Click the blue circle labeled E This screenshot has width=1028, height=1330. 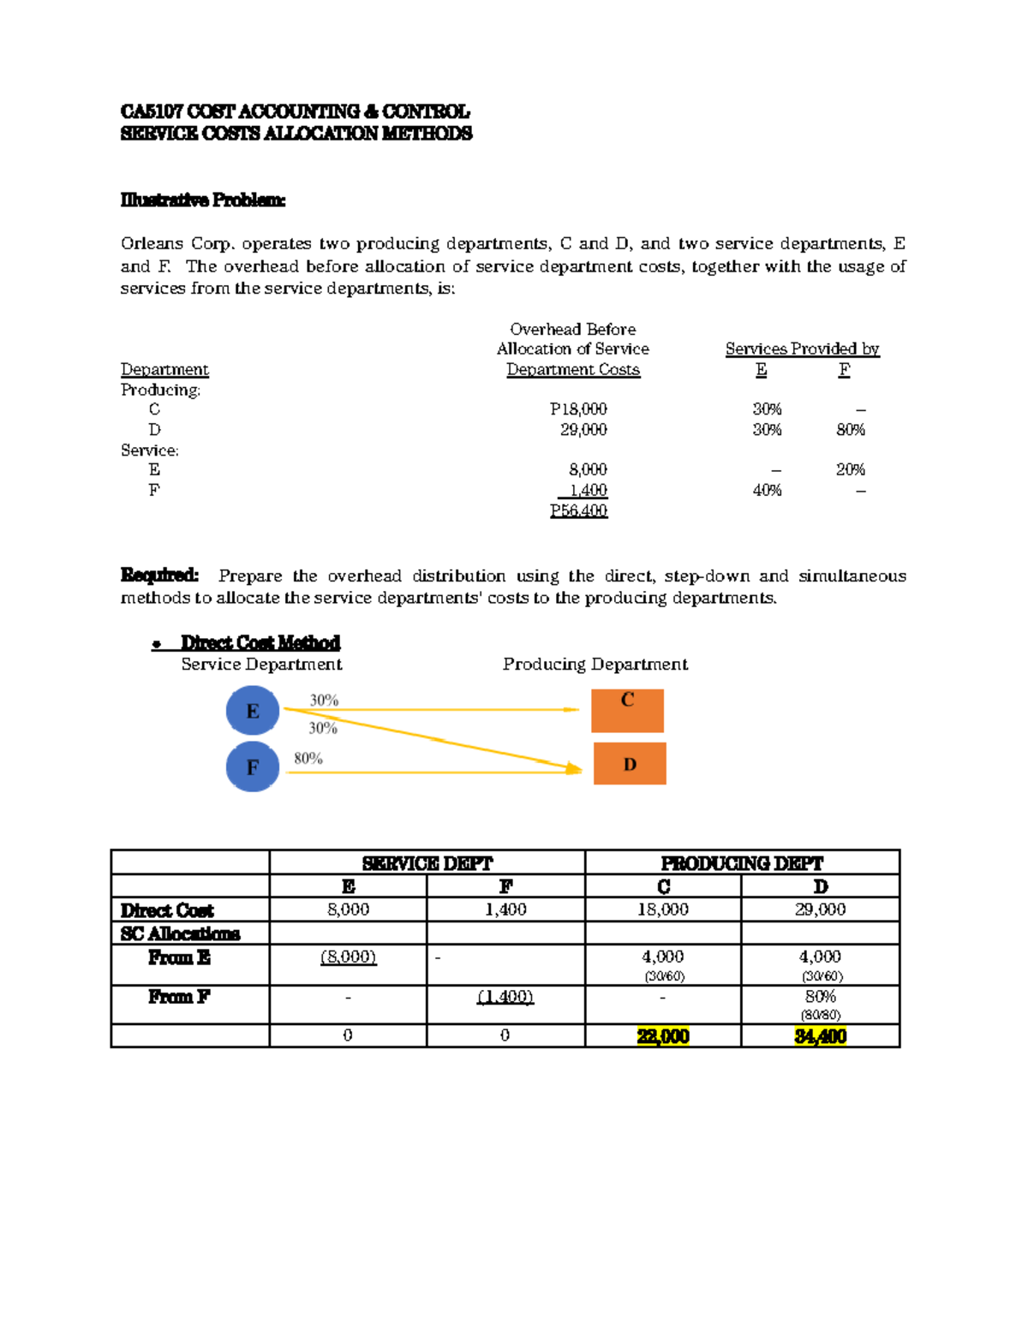253,711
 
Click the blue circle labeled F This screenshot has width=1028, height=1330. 253,766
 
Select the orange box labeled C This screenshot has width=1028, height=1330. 627,711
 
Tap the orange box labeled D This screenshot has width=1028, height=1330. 630,764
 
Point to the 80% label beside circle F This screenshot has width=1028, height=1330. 308,758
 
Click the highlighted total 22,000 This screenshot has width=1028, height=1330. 663,1036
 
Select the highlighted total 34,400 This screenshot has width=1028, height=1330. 821,1036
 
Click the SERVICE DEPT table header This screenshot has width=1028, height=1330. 427,863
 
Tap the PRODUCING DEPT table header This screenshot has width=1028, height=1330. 742,863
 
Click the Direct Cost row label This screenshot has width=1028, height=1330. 167,910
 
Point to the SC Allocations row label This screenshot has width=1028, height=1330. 180,933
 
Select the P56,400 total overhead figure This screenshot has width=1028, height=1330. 579,510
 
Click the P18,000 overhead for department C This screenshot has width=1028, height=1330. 579,409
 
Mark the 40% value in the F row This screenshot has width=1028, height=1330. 767,490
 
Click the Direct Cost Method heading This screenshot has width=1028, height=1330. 260,642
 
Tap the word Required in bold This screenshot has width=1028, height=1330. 159,575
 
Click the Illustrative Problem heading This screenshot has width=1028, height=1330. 203,200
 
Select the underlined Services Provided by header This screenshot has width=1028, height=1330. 802,349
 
